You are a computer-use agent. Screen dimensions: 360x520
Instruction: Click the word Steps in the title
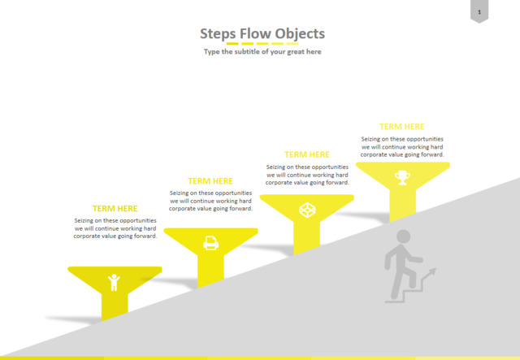[218, 33]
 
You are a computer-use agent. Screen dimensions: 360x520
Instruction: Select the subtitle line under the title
[262, 51]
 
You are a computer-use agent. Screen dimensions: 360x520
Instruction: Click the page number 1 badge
[479, 11]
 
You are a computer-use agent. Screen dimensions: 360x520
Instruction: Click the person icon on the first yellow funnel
[114, 281]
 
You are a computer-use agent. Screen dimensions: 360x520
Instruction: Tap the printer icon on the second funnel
[210, 242]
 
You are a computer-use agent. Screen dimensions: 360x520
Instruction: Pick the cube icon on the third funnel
[306, 210]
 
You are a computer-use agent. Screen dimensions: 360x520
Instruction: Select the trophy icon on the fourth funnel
[402, 176]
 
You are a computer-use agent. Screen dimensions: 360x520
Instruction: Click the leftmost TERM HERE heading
[115, 209]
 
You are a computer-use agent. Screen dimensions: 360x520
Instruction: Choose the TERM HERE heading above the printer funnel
[210, 181]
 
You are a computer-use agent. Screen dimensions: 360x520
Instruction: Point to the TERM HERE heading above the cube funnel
[306, 154]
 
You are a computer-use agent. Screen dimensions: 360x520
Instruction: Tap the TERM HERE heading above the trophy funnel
[402, 127]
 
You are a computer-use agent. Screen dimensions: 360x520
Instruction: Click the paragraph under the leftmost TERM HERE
[115, 228]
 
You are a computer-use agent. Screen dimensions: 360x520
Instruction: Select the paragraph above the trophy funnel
[402, 146]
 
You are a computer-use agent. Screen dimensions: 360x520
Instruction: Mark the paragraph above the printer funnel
[210, 201]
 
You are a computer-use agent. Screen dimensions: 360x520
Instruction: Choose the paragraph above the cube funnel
[306, 174]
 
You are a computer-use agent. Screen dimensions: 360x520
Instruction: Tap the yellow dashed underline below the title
[262, 43]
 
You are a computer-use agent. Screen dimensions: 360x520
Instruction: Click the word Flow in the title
[255, 33]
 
